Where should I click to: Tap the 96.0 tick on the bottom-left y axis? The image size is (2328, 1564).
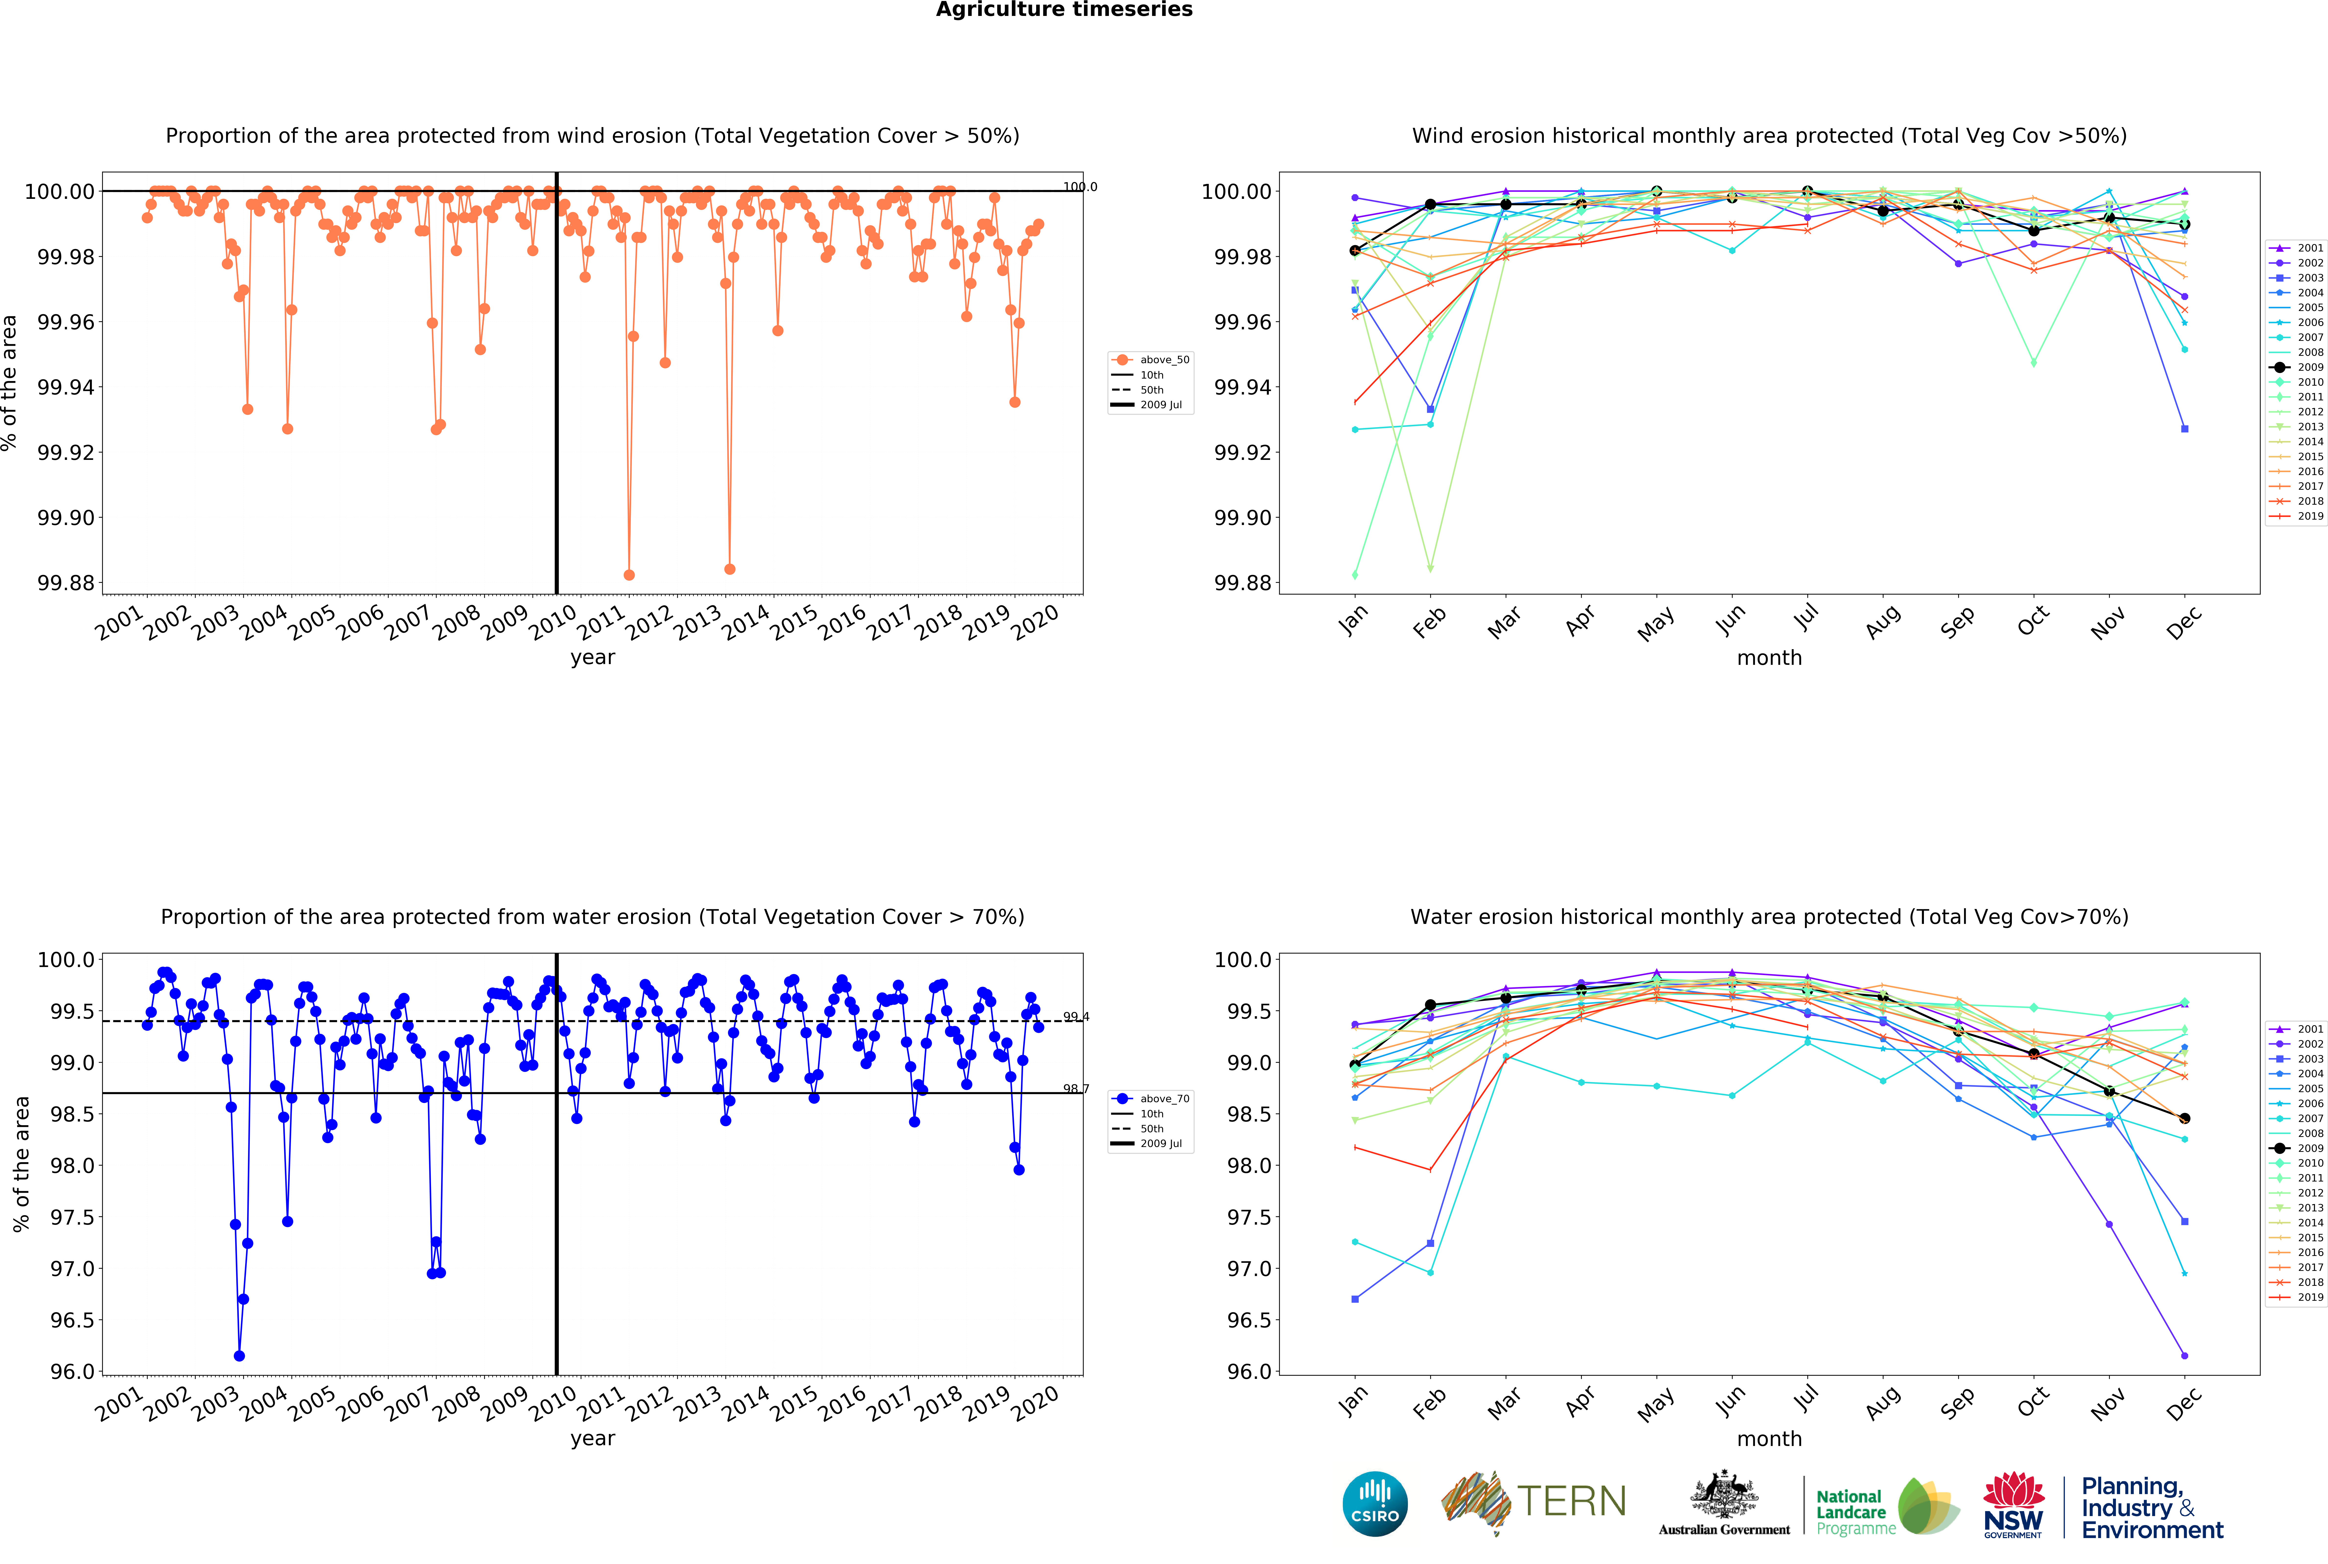73,1372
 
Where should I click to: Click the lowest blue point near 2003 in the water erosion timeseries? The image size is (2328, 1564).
239,1356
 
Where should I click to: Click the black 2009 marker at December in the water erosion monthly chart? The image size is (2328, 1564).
2184,1118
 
